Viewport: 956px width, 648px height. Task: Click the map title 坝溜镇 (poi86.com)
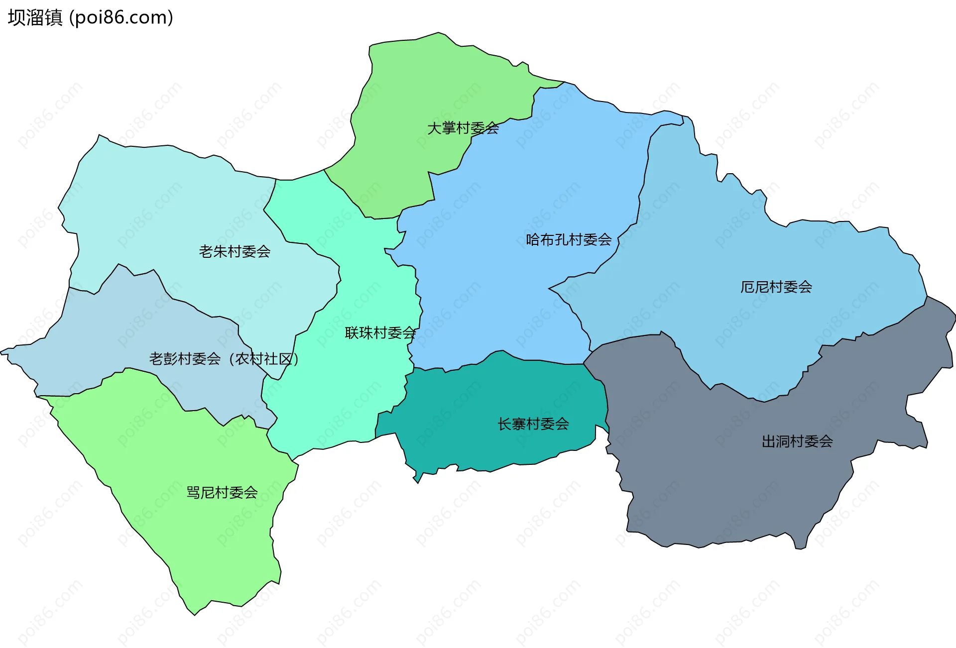point(90,17)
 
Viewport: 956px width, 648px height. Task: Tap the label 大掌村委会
point(463,128)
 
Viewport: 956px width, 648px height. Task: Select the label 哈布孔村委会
point(568,240)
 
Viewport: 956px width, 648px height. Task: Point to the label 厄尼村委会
point(776,287)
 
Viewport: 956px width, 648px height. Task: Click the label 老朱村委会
point(235,252)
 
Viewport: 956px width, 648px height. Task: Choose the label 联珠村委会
point(380,333)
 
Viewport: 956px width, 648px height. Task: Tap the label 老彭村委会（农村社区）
point(224,359)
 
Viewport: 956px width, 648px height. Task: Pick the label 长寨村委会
point(533,424)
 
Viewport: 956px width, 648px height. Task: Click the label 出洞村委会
point(797,441)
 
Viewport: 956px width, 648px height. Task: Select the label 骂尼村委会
point(222,493)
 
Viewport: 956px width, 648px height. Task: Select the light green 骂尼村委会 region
point(209,538)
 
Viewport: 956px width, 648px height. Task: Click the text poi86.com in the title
point(121,17)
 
